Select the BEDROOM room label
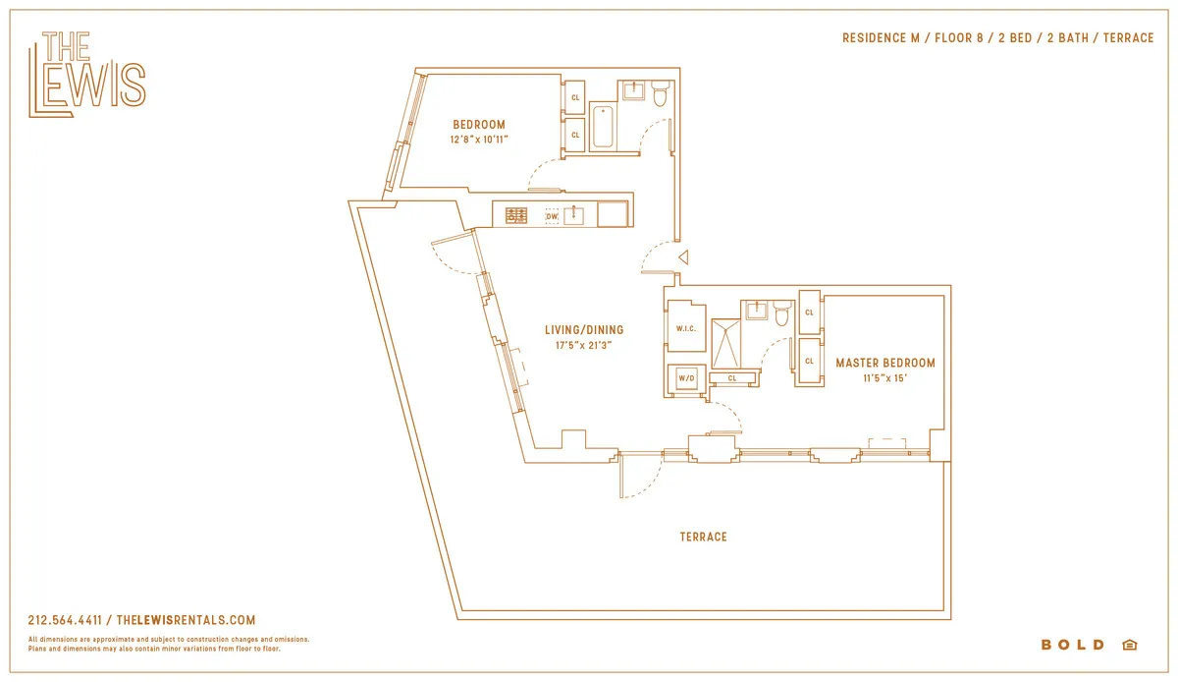point(479,125)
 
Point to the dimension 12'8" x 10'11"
point(479,141)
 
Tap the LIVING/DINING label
point(585,330)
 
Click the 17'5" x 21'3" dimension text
point(585,346)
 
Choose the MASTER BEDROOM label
point(885,363)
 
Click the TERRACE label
point(704,537)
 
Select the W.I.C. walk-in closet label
point(685,328)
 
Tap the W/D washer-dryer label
point(685,378)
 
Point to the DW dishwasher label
point(552,215)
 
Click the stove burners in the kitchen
point(516,215)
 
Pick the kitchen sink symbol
point(574,214)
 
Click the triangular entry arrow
point(683,256)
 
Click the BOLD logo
point(1073,645)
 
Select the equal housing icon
point(1129,645)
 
